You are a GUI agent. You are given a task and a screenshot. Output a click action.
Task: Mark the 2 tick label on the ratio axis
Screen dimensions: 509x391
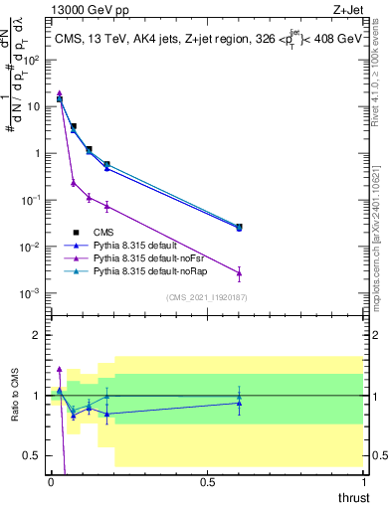36,335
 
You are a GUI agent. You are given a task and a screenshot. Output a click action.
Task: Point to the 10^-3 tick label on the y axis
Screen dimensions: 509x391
32,294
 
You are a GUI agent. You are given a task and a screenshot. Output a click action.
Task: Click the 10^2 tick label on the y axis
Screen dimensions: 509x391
32,60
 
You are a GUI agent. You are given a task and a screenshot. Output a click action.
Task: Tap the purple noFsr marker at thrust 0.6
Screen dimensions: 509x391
239,272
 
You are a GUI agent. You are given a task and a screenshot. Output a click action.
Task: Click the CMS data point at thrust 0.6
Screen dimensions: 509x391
239,227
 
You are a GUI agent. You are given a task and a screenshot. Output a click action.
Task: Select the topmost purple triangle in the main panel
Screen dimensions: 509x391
60,92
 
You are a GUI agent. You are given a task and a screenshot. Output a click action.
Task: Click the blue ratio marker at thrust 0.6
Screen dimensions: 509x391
239,403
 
